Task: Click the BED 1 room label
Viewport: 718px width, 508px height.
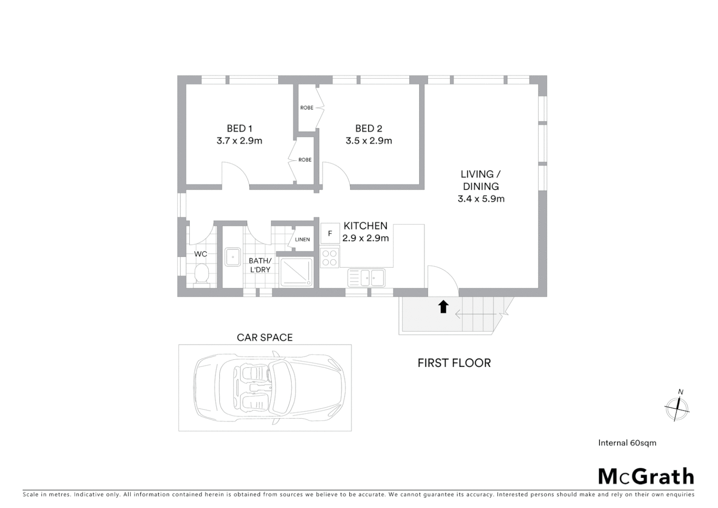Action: point(239,128)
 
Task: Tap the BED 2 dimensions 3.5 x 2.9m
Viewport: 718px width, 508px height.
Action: point(368,141)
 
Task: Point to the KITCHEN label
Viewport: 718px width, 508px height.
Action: point(365,226)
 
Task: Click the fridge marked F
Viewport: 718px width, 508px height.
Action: point(330,233)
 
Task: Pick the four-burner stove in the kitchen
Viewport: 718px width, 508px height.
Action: point(329,257)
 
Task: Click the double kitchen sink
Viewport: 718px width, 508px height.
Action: point(366,278)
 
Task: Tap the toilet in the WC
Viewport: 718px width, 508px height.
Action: point(202,274)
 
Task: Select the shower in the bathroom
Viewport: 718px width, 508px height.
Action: point(297,272)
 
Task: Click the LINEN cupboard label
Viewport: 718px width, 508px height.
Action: point(302,239)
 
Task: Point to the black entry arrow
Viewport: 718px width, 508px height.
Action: point(443,307)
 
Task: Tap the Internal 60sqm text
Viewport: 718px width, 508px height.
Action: point(627,443)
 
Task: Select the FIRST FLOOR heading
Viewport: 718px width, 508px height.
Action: point(454,363)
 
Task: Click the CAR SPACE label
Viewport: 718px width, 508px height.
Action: point(265,337)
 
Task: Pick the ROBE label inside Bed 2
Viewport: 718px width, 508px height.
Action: point(306,108)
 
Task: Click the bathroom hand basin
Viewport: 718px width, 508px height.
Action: point(232,257)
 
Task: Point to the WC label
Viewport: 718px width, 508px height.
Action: point(201,254)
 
